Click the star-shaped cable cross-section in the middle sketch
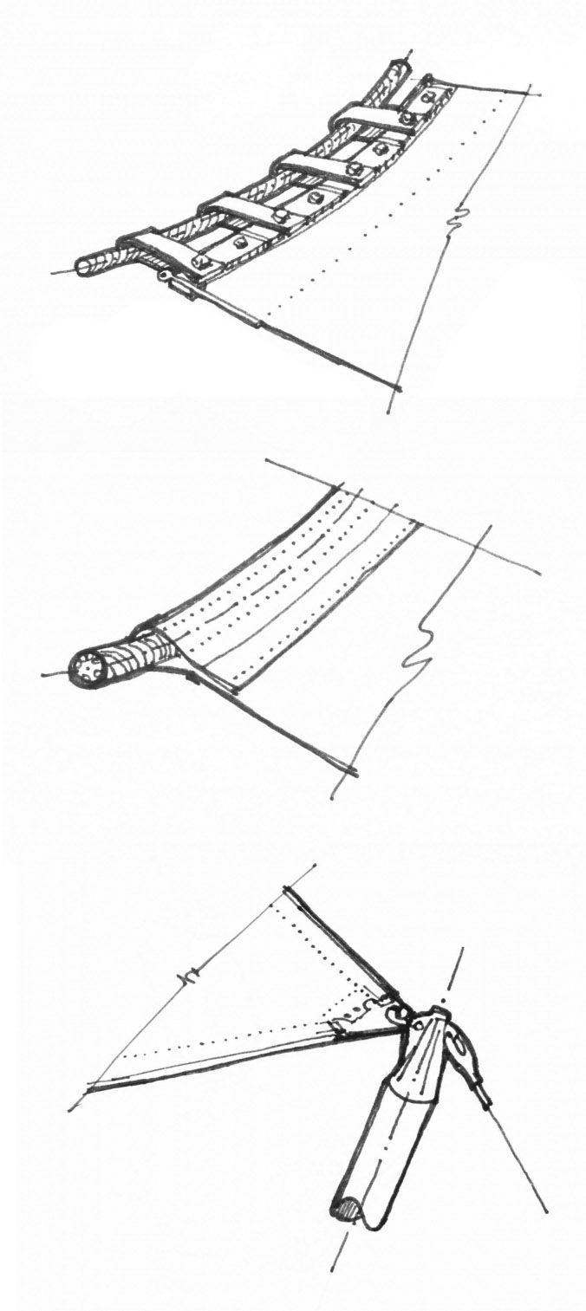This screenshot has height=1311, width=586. tap(87, 670)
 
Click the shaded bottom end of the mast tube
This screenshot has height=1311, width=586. tap(347, 1209)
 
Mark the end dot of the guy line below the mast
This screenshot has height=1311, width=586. tap(546, 1209)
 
